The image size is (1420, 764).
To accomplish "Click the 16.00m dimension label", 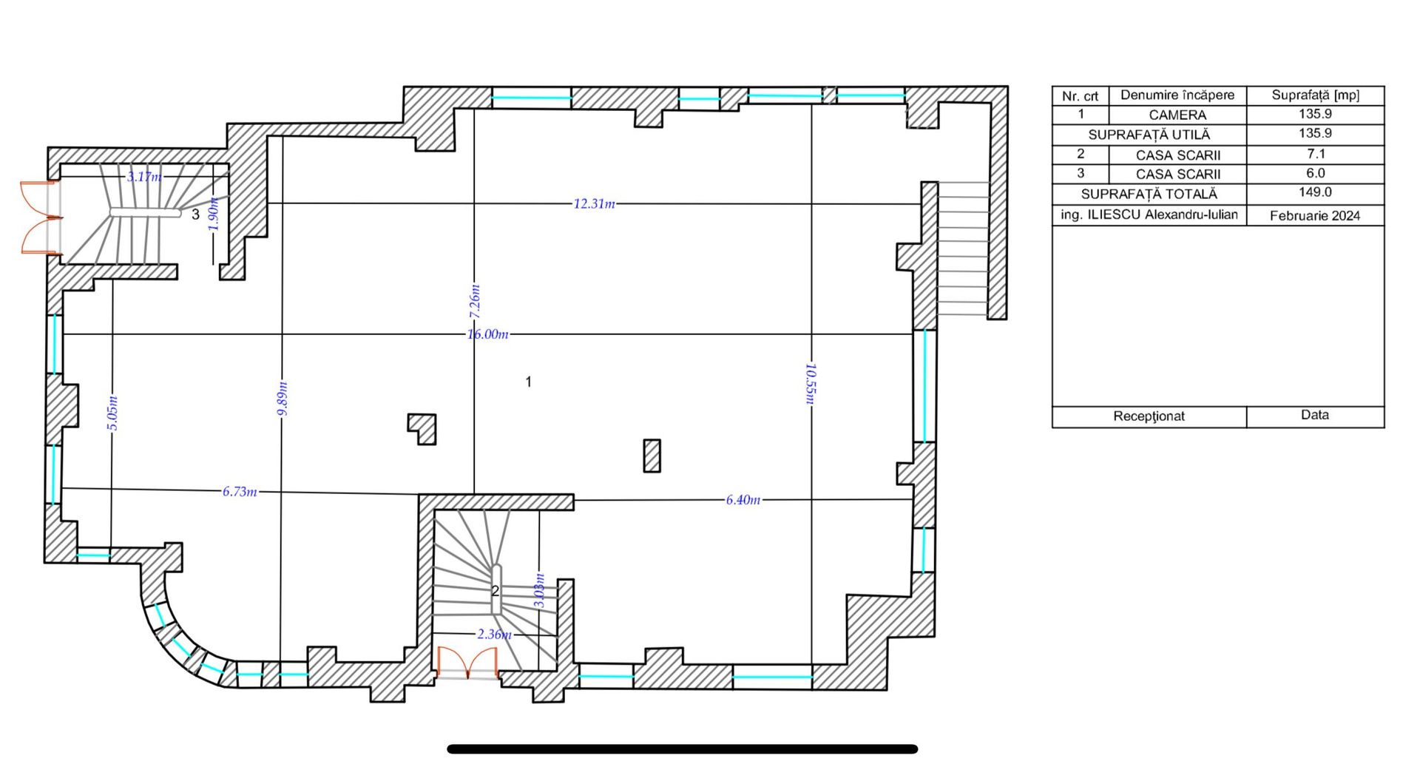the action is [x=487, y=334].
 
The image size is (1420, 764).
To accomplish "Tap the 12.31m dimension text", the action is [x=594, y=203].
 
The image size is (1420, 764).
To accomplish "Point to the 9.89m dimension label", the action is [x=283, y=398].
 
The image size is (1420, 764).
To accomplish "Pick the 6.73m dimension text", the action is [x=240, y=491].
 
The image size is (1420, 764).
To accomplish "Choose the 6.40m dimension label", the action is [x=743, y=500].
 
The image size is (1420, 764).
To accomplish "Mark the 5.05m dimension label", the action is [x=112, y=413].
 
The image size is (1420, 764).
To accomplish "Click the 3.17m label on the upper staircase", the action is [x=143, y=177].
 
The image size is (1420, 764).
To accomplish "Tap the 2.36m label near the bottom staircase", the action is [x=494, y=635].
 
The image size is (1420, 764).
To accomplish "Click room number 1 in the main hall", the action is [x=528, y=382].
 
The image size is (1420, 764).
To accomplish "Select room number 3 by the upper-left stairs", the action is [x=195, y=214].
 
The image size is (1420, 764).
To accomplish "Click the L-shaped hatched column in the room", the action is [x=422, y=428].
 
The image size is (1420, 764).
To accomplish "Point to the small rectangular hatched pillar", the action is [x=652, y=456].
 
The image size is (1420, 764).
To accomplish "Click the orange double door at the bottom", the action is [x=467, y=663].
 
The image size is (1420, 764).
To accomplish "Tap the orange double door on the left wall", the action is [x=41, y=217].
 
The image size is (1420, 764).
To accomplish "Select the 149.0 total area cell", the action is [x=1315, y=192].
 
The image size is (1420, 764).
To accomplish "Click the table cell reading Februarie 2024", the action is [x=1315, y=216].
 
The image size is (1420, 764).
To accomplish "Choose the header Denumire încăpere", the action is [x=1177, y=95].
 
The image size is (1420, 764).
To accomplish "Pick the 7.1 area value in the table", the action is [x=1316, y=154].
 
